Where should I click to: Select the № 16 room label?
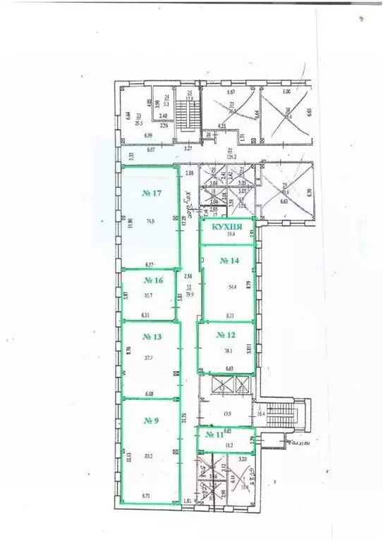(x=154, y=280)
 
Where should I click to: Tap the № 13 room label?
(x=152, y=337)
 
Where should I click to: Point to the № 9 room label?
(x=152, y=421)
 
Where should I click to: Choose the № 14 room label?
(x=229, y=261)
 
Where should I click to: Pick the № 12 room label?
(x=225, y=335)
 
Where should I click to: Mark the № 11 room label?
(x=214, y=435)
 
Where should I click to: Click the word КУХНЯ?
(x=227, y=228)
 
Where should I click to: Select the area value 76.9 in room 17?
(x=150, y=221)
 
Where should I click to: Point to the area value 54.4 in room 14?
(x=232, y=287)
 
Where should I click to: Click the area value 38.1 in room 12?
(x=229, y=350)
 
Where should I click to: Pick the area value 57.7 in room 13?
(x=149, y=358)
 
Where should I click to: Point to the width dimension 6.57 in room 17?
(x=150, y=264)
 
